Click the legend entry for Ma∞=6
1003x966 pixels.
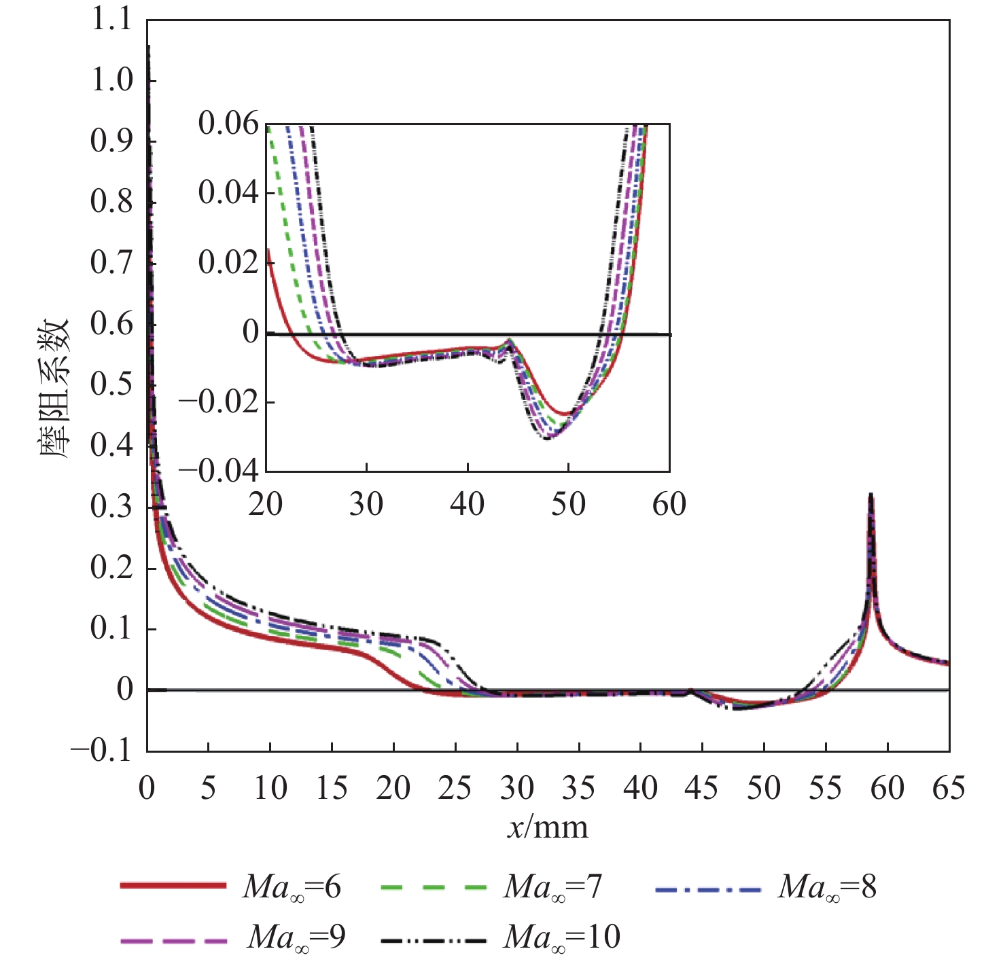click(x=231, y=887)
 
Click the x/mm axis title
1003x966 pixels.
click(x=548, y=827)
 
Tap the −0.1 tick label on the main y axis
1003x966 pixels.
click(x=102, y=751)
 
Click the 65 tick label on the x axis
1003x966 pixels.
click(x=949, y=789)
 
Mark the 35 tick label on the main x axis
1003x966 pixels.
click(x=578, y=789)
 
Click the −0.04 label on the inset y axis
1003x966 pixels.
click(x=219, y=470)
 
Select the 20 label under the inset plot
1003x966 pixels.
click(x=266, y=505)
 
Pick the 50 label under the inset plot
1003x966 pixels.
click(x=568, y=505)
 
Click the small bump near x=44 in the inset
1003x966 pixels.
click(x=509, y=340)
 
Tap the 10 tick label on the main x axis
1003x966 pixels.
click(x=270, y=789)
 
